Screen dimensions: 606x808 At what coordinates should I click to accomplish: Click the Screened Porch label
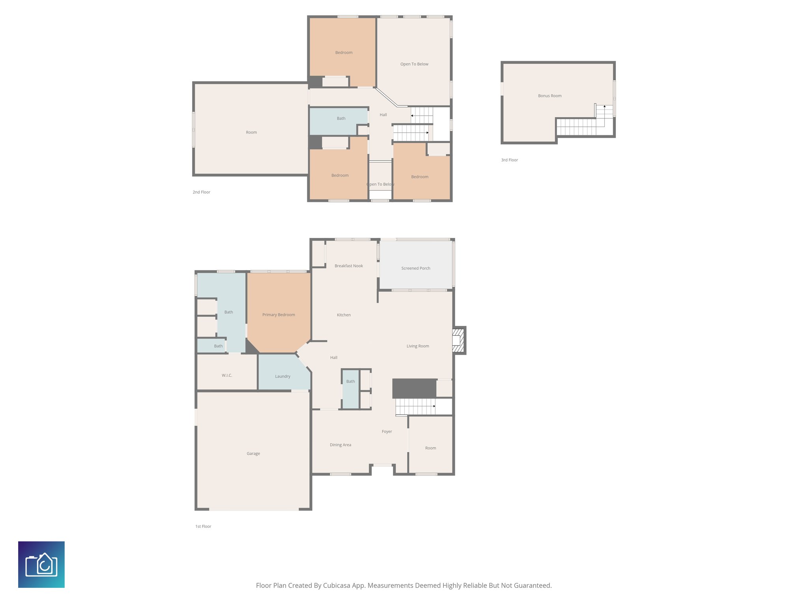click(x=415, y=268)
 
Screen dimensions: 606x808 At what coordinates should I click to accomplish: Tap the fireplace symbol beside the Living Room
click(x=458, y=340)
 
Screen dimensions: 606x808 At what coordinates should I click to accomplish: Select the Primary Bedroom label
click(x=279, y=315)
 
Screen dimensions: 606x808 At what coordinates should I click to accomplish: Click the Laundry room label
click(x=282, y=376)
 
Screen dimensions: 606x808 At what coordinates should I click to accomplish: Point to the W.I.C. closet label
click(x=226, y=375)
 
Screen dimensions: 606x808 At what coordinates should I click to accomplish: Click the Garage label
click(x=253, y=454)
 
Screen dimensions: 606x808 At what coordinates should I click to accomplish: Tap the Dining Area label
click(x=340, y=445)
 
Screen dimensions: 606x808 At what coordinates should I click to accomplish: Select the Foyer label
click(x=387, y=432)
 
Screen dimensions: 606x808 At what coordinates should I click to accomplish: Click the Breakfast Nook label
click(x=349, y=266)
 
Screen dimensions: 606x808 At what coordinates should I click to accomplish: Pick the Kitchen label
click(x=344, y=315)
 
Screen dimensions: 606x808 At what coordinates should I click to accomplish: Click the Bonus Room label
click(x=550, y=96)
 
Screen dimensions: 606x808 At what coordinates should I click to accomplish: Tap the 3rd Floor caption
click(x=509, y=160)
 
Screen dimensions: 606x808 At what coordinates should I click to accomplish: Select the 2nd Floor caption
click(x=201, y=192)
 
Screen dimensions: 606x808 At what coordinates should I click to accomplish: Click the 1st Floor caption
click(x=203, y=526)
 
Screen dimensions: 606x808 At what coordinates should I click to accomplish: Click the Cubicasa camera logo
click(x=41, y=565)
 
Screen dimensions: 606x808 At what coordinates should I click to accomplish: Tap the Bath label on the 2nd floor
click(x=341, y=118)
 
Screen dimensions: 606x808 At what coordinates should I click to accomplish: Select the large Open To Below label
click(x=414, y=64)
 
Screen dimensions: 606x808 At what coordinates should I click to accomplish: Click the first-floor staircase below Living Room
click(x=415, y=406)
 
